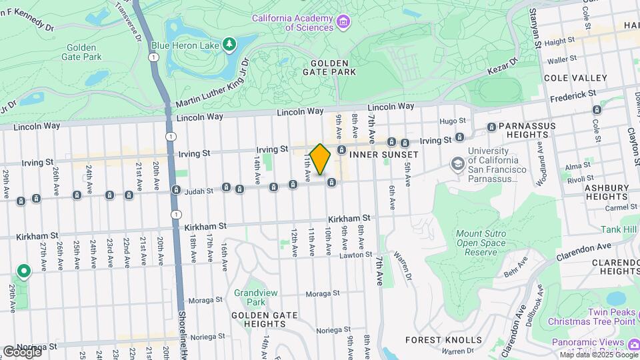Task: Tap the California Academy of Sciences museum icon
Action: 343,23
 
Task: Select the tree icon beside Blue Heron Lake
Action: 230,44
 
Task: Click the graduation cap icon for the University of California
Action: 457,163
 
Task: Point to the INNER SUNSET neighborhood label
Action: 384,155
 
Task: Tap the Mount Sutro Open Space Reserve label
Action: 485,243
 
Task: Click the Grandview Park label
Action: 250,297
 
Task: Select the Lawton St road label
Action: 355,255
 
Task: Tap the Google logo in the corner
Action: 21,351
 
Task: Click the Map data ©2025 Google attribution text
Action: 598,355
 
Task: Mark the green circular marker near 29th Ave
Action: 24,271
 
